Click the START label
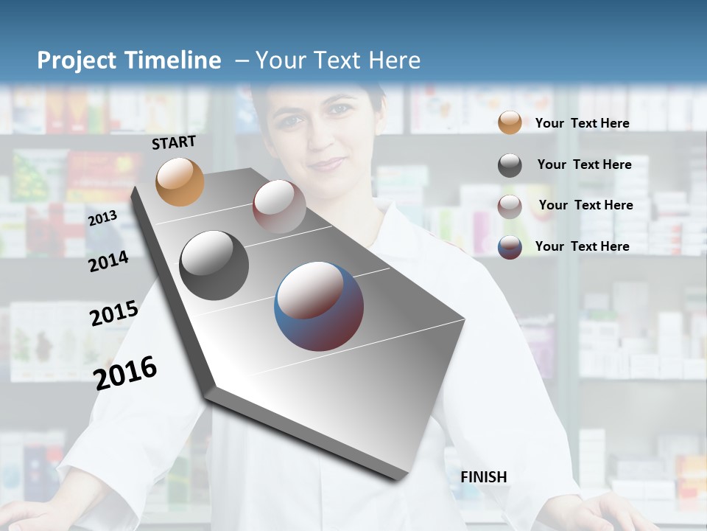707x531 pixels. [174, 142]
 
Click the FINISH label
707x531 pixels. [484, 477]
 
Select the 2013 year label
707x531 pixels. [102, 218]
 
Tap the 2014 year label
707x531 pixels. [108, 261]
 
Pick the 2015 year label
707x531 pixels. [114, 313]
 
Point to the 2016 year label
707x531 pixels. [125, 372]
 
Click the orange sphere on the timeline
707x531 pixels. [180, 181]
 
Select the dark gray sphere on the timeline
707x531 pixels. [214, 265]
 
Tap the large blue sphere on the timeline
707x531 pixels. [319, 306]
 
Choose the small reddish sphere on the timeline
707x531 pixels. [279, 206]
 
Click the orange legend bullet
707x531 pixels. [510, 123]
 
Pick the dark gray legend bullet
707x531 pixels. [510, 164]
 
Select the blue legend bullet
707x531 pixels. [510, 246]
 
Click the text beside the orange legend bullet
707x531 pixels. [582, 123]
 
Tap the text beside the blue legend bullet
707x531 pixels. [582, 246]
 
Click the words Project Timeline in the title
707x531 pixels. [129, 60]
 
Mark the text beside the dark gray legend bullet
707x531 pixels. [584, 164]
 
